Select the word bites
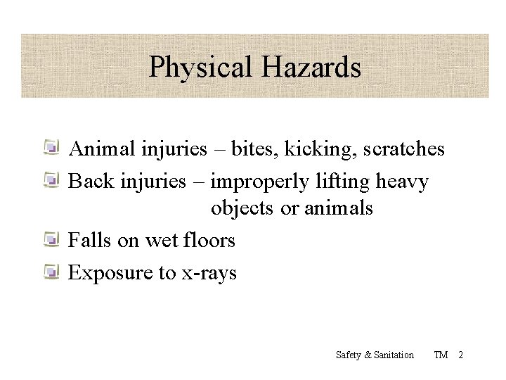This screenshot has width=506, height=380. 250,149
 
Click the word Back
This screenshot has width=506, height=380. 87,182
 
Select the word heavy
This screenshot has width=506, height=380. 403,182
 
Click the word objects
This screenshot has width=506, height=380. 243,209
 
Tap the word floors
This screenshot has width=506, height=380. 209,241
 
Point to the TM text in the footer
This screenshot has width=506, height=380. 441,355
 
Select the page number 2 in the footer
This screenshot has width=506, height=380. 460,355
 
